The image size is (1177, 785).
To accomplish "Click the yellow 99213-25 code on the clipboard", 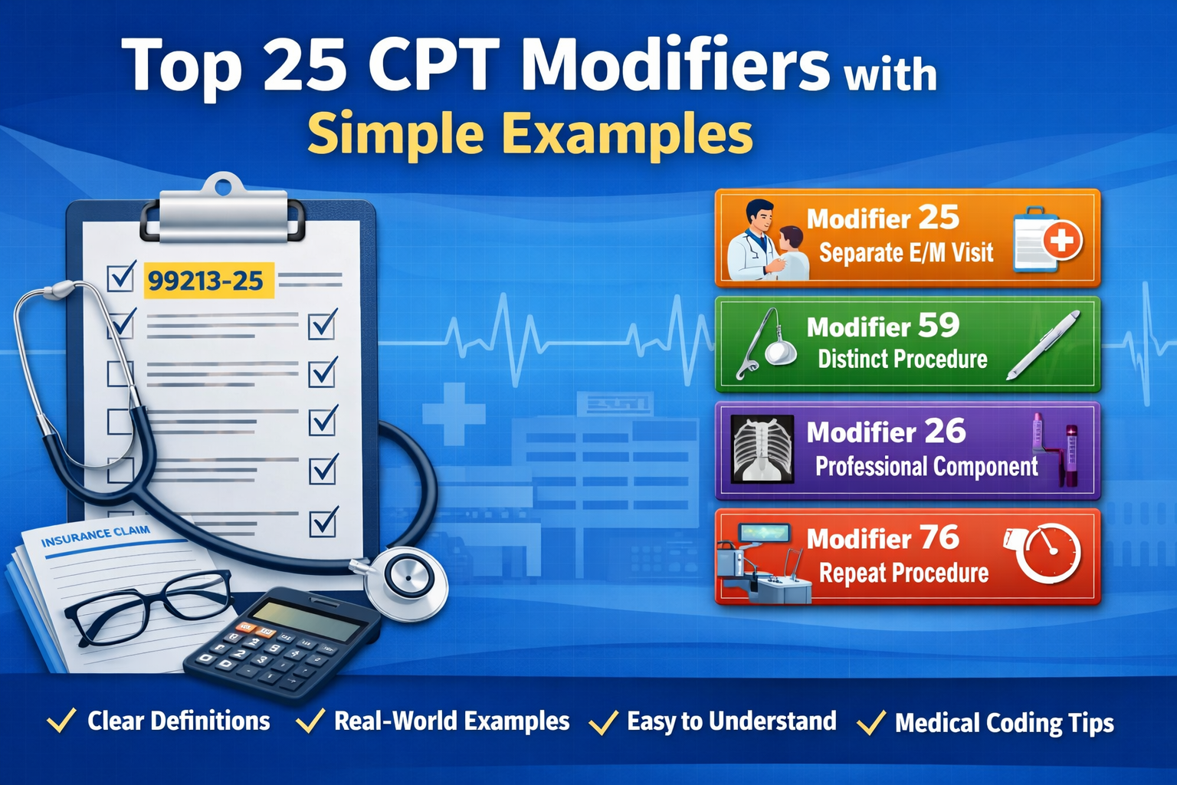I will [205, 281].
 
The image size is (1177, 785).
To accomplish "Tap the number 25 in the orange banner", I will [938, 218].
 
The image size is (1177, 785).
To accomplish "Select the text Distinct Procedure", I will [902, 359].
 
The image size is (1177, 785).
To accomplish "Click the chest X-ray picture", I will [762, 449].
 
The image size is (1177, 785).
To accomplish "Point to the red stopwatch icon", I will [1047, 553].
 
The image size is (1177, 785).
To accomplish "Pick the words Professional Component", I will [926, 466].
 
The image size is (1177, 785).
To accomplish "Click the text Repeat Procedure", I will [903, 573].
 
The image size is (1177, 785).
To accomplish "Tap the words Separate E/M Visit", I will [906, 252].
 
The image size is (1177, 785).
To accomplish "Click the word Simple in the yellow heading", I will [395, 134].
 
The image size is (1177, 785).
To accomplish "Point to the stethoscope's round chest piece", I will [406, 582].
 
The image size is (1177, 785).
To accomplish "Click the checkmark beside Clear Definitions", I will [61, 721].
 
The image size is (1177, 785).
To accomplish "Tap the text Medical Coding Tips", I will [1004, 723].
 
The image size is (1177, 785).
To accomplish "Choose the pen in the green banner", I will [1044, 345].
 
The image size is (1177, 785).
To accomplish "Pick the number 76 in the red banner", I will [939, 537].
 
